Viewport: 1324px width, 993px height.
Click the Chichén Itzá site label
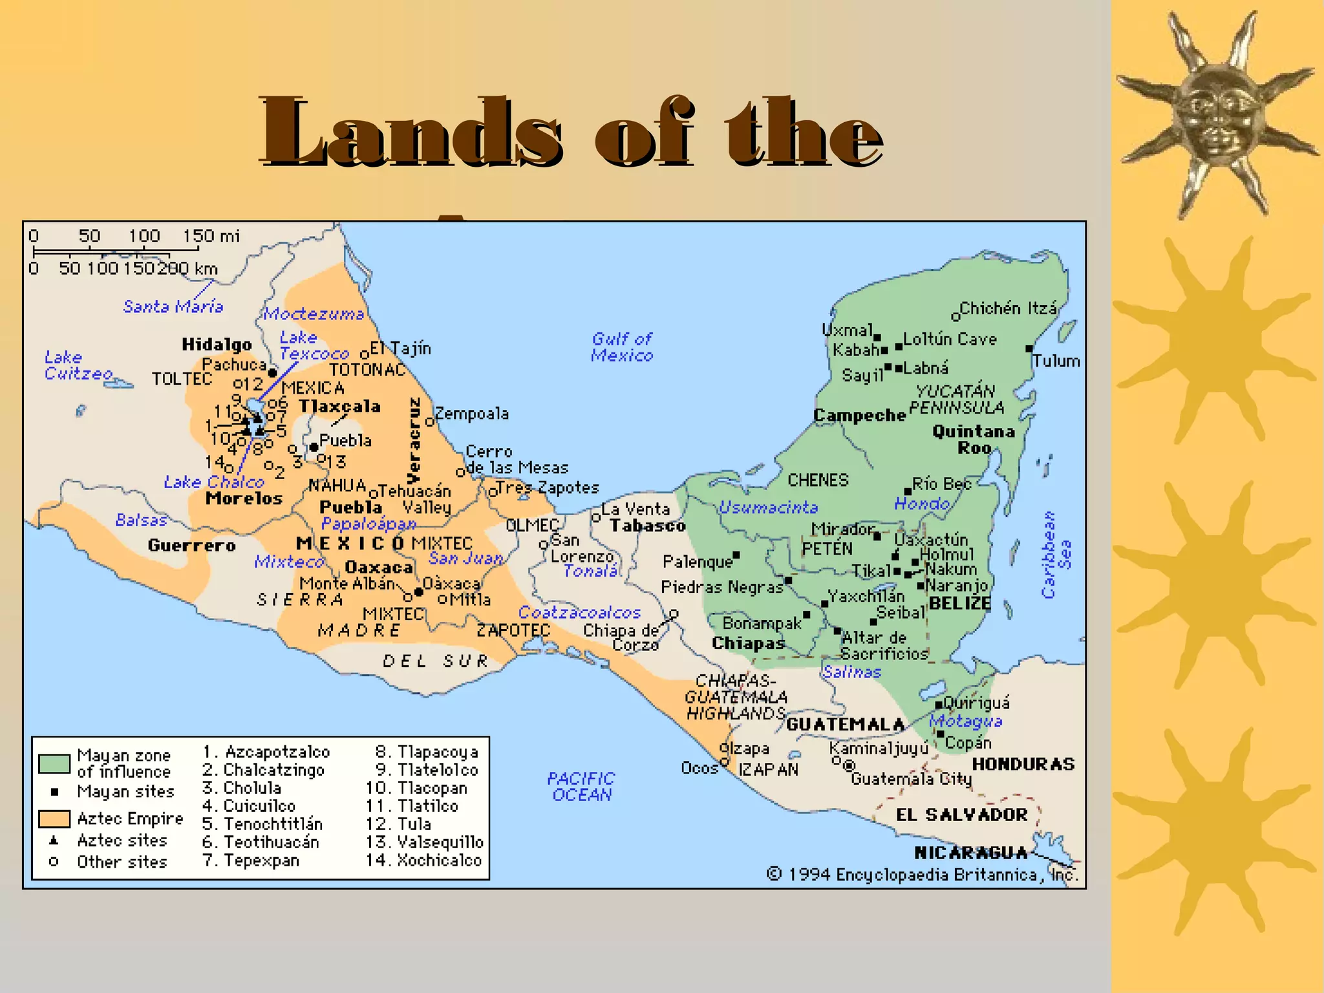1008,308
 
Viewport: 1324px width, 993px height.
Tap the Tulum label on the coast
1056,361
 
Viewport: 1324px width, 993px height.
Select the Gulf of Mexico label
622,347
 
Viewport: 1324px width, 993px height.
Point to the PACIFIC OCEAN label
581,786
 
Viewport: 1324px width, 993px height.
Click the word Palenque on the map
697,561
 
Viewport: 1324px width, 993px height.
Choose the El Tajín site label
400,348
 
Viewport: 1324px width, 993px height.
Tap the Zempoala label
471,414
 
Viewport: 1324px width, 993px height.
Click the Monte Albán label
347,583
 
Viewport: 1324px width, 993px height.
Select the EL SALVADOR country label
961,815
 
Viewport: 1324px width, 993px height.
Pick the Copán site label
968,743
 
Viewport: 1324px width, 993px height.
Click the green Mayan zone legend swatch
54,763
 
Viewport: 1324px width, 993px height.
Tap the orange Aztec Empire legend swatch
54,819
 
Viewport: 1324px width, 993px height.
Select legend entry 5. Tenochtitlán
262,824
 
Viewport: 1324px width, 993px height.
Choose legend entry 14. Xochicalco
424,860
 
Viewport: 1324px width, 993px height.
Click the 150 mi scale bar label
211,236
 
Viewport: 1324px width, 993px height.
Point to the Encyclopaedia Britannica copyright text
923,875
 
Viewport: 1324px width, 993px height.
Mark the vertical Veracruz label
414,440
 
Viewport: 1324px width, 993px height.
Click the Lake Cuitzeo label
78,365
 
